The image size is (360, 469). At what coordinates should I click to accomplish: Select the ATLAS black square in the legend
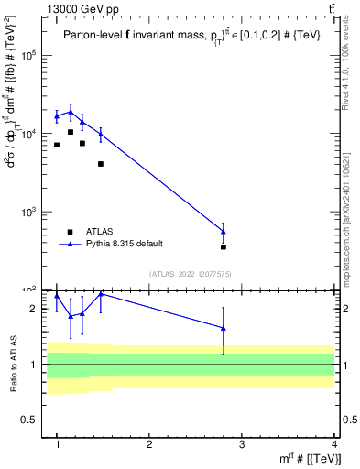click(x=70, y=232)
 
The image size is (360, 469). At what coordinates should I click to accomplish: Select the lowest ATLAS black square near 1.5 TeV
click(x=101, y=164)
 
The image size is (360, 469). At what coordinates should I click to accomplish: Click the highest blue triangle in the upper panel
click(x=71, y=112)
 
